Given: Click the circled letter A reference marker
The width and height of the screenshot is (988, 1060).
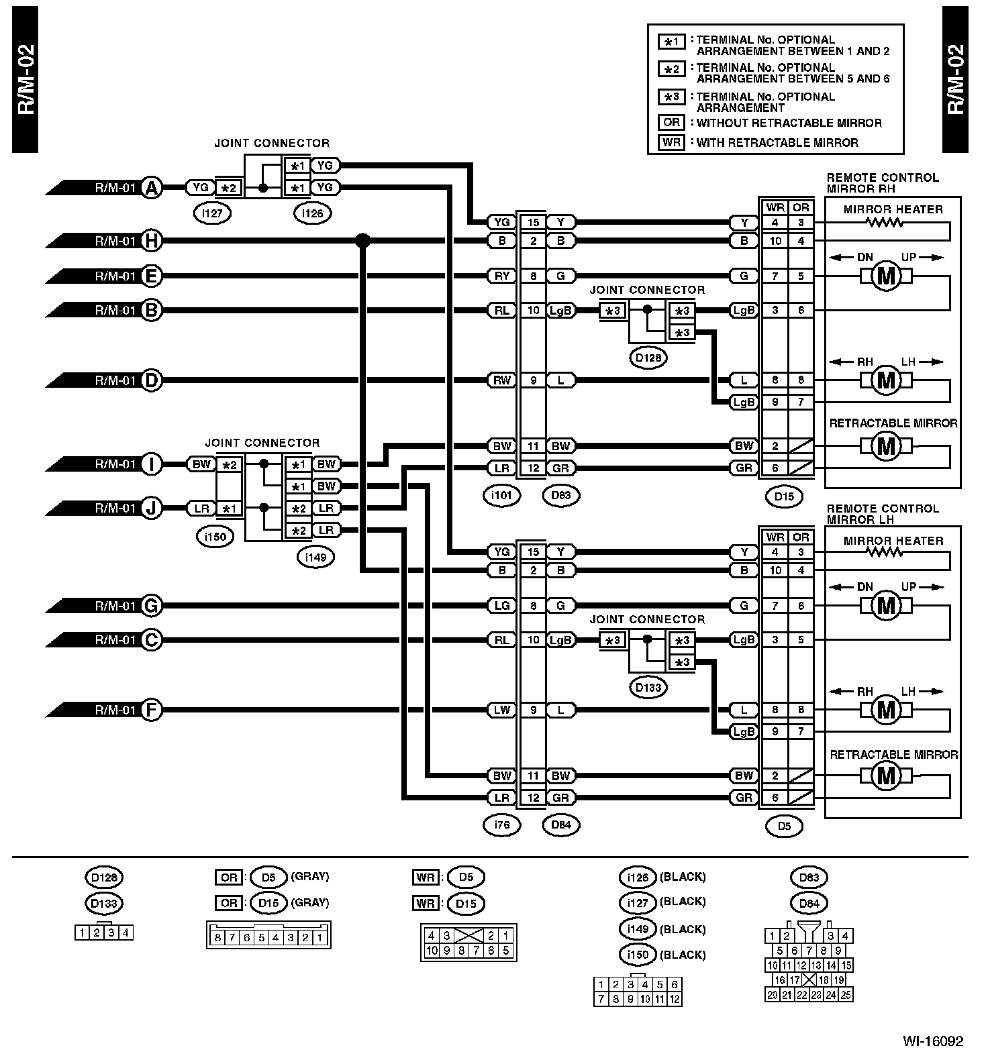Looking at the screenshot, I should [152, 188].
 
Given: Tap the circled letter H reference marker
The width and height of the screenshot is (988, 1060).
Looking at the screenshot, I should [152, 240].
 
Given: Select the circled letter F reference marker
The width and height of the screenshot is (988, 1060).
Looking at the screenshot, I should [152, 710].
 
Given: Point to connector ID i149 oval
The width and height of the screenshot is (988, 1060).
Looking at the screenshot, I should [315, 557].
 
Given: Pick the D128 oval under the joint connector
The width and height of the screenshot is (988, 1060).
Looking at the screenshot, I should [648, 358].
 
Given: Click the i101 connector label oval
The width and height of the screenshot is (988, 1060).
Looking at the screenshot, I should [501, 496].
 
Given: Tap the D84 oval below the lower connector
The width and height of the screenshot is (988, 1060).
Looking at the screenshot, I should [560, 825].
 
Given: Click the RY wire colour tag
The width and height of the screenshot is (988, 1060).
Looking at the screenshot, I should [501, 276].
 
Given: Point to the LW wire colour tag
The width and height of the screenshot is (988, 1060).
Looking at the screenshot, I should [501, 710].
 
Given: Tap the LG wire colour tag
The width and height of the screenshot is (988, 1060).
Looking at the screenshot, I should [501, 606].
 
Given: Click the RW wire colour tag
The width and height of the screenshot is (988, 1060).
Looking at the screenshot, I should [501, 380].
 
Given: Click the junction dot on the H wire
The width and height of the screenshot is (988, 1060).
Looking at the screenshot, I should [362, 240].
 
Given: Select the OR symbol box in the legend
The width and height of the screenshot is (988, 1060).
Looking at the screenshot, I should [671, 123].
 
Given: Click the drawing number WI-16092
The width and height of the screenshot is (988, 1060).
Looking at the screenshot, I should [932, 1041].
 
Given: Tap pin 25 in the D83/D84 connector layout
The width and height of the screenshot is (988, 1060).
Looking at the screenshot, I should [846, 995].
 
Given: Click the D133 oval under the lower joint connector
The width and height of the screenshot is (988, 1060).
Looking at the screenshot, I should [648, 687].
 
